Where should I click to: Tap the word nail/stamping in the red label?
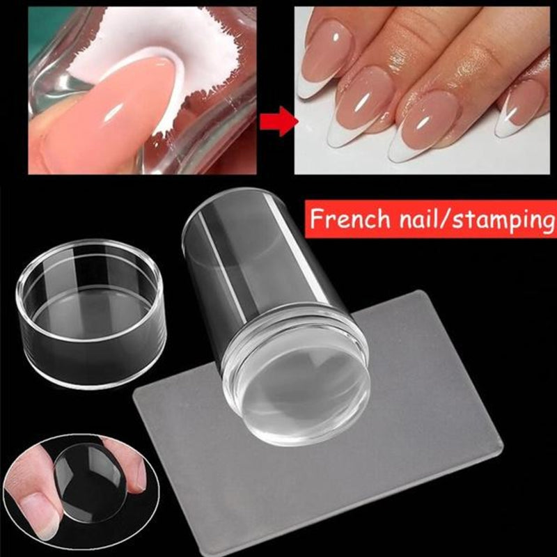[x=473, y=221]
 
